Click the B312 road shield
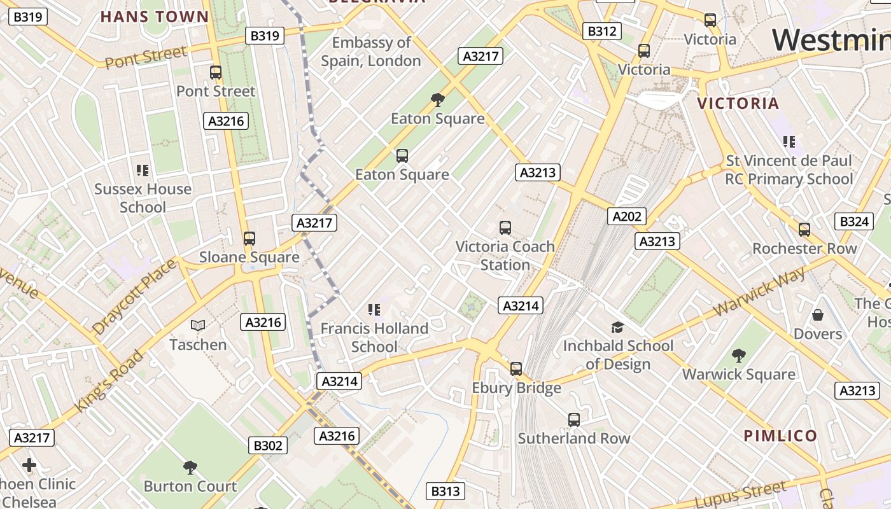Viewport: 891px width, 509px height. (x=601, y=31)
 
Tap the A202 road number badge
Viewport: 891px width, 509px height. (x=626, y=216)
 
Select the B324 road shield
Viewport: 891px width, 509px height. (x=853, y=221)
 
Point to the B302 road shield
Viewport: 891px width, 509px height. (x=267, y=445)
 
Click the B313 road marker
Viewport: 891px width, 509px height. (x=445, y=491)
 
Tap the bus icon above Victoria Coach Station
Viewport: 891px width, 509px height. (x=505, y=228)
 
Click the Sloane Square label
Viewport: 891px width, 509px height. (x=249, y=257)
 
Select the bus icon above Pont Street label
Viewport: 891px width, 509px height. (x=216, y=73)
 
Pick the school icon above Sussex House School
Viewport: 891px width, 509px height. (x=143, y=171)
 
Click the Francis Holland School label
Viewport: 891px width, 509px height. (x=374, y=337)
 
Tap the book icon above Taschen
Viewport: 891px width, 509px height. (x=198, y=326)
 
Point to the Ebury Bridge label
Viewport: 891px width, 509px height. (x=516, y=387)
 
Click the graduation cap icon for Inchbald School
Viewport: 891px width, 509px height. (x=617, y=328)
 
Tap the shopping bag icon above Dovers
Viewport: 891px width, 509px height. (x=818, y=316)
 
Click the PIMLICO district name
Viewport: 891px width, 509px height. (x=780, y=436)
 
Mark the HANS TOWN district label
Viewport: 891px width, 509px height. (x=155, y=17)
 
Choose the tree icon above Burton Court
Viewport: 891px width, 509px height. (x=190, y=468)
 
